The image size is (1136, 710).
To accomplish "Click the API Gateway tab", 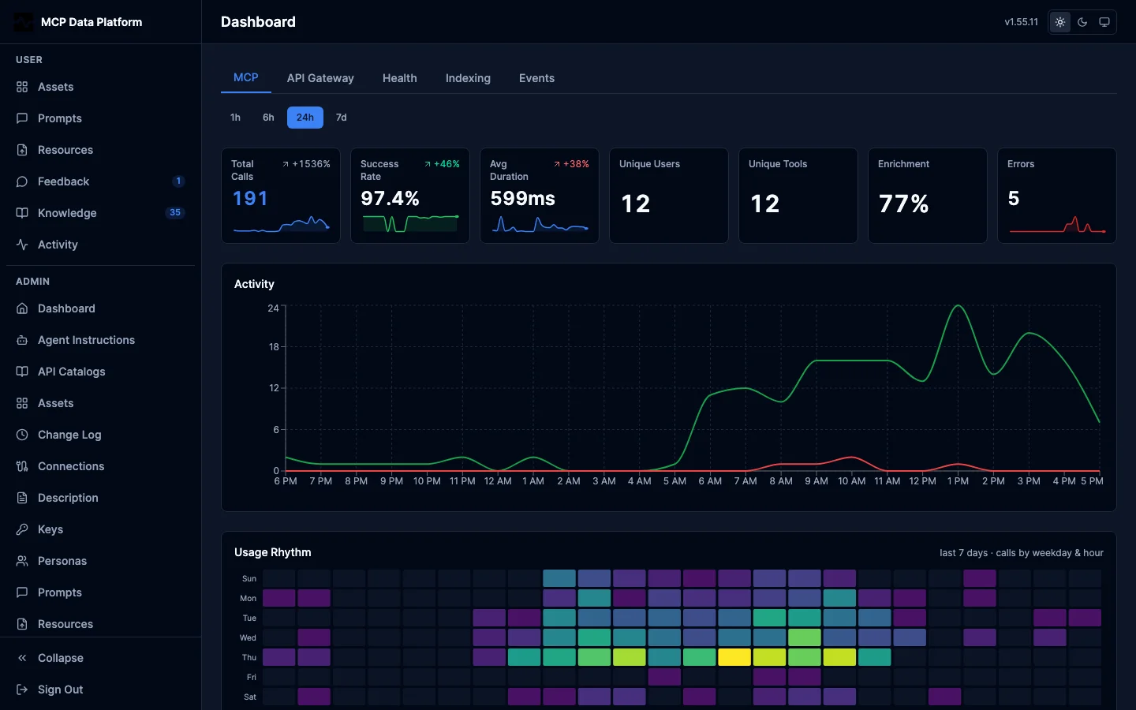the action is click(320, 78).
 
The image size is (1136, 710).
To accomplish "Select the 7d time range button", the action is click(342, 117).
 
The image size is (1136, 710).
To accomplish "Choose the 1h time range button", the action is click(235, 117).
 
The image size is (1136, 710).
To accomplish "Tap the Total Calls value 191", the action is click(250, 198).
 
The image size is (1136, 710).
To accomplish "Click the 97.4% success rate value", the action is click(390, 198).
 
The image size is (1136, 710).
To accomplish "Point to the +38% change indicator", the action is click(571, 164).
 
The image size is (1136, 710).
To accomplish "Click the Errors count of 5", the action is click(1013, 198).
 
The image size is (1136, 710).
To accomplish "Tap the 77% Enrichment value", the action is click(903, 204).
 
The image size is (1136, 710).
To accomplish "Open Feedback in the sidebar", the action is click(63, 181).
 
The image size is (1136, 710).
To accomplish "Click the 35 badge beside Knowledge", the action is click(175, 212).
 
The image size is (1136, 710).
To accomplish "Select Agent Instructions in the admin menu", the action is click(86, 340).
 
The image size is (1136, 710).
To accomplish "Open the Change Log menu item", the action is click(69, 435).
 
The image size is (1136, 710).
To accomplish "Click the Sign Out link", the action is click(60, 689).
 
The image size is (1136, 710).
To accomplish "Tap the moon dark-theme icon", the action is click(1082, 22).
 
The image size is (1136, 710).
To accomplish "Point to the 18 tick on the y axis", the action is click(274, 347).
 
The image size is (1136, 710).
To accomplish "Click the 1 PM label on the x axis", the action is click(958, 480).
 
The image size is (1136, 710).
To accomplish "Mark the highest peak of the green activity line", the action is click(958, 305).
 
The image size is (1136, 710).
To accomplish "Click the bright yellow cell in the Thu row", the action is click(734, 656).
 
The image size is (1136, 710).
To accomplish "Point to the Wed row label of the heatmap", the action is click(248, 637).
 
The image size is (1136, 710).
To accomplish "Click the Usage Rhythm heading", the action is click(272, 552).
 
